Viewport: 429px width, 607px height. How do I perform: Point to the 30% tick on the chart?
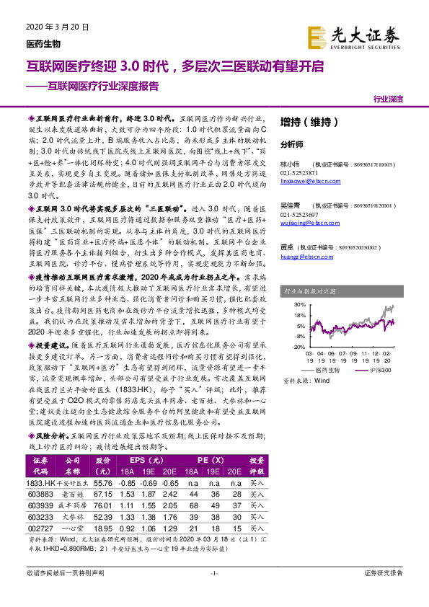(x=300, y=306)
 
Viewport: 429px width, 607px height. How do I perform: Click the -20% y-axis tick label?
(x=298, y=346)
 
